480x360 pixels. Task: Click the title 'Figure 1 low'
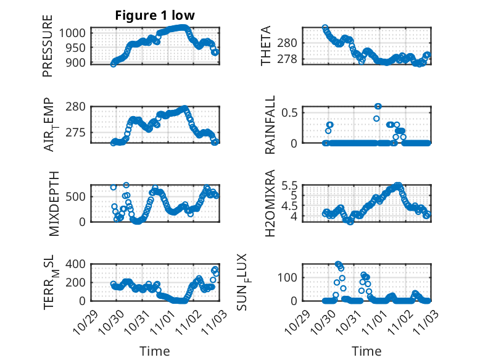pos(155,15)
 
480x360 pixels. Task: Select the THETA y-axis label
pos(266,46)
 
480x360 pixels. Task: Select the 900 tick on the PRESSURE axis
pos(79,62)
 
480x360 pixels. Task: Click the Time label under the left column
pos(154,351)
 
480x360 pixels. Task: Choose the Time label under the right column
pos(366,351)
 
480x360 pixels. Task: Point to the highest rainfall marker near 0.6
pos(378,106)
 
